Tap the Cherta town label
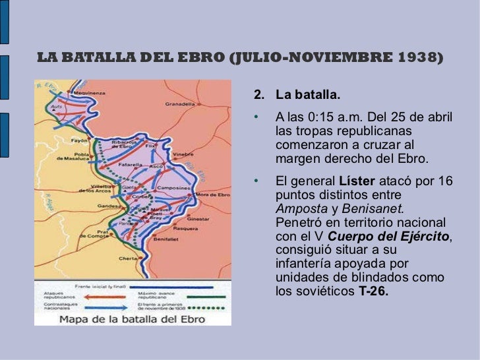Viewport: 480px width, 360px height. point(127,258)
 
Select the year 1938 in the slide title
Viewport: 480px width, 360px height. point(420,58)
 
